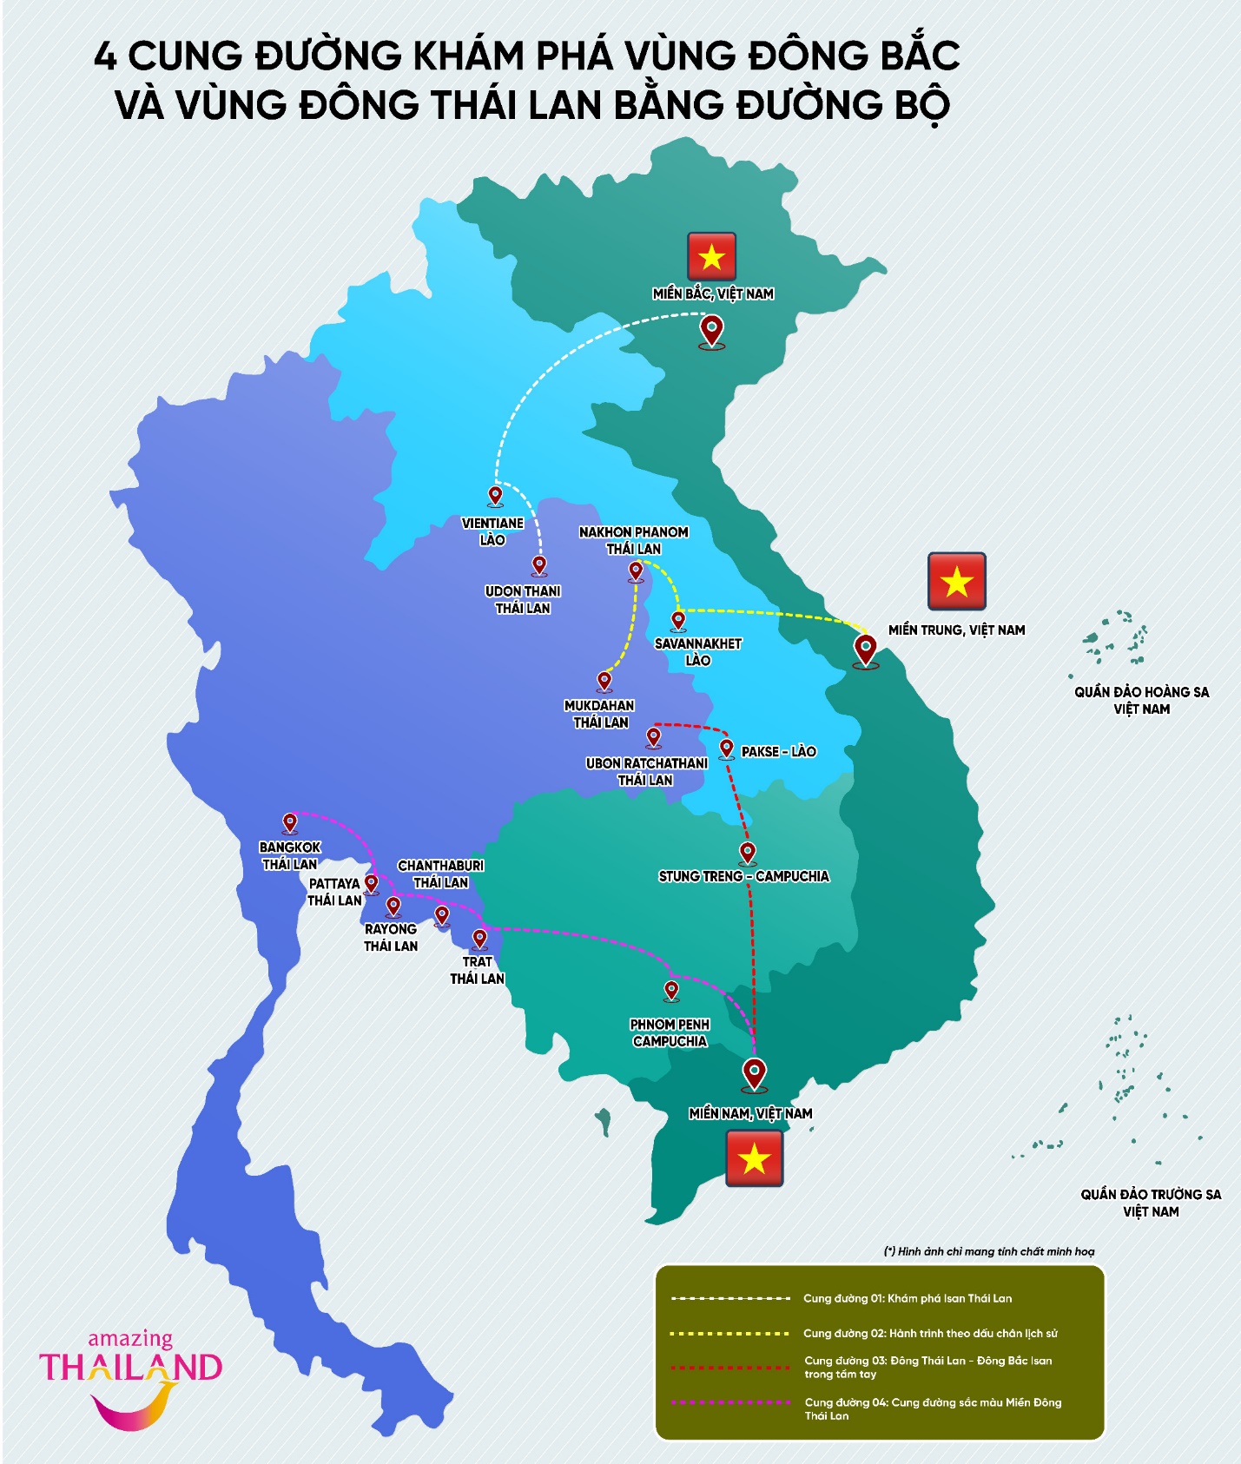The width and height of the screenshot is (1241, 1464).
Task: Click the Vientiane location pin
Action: (x=495, y=496)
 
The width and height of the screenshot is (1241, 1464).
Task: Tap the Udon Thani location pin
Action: (x=539, y=565)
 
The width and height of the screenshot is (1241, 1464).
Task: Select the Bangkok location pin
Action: (x=290, y=822)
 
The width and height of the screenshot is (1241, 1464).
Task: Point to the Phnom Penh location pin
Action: (x=671, y=990)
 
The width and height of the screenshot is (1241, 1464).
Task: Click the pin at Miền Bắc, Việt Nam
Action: (x=712, y=331)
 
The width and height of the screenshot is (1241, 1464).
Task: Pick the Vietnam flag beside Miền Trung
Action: (x=956, y=581)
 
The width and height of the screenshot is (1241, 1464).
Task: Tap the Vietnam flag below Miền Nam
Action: (x=754, y=1158)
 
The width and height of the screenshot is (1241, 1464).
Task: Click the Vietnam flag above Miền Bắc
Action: (x=712, y=256)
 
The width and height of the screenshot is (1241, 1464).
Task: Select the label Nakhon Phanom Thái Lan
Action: (x=634, y=540)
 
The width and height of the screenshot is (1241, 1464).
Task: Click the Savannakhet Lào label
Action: (x=698, y=651)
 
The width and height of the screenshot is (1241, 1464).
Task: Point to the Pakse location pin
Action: (x=727, y=748)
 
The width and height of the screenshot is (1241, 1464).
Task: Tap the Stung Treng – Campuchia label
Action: (x=743, y=876)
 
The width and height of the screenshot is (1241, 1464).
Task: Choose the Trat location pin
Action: (x=479, y=939)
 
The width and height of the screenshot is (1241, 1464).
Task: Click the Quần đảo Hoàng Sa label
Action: (x=1141, y=700)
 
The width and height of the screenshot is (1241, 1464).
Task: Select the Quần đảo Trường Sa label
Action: (x=1151, y=1203)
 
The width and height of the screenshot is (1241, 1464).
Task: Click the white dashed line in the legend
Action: (x=730, y=1298)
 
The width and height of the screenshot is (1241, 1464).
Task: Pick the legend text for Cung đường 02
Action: (x=930, y=1333)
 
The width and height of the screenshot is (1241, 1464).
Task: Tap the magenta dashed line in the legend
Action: (x=730, y=1402)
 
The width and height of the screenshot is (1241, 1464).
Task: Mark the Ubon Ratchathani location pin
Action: (x=653, y=737)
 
